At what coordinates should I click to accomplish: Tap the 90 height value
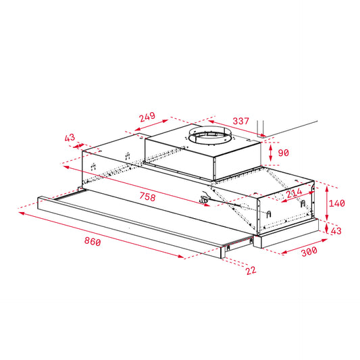coord(283,151)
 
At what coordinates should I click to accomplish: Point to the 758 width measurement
coord(147,197)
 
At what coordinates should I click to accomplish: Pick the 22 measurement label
coord(251,270)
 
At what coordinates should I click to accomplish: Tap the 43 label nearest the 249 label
coord(70,138)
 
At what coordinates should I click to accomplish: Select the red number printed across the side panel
coord(293,193)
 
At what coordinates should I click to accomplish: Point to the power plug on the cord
coord(203,199)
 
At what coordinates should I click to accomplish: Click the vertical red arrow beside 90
coord(269,151)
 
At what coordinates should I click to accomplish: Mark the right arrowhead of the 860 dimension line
coord(183,257)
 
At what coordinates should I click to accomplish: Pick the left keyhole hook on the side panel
coord(269,213)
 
